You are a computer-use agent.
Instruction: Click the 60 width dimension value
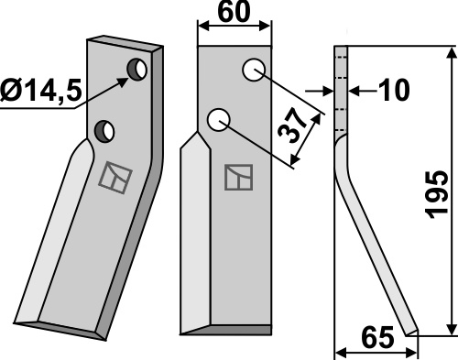click(234, 13)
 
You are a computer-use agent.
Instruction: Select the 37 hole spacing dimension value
click(291, 125)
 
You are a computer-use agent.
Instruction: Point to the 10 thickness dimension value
click(394, 91)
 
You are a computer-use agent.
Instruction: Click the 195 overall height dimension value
click(438, 195)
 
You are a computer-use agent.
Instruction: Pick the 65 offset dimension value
click(377, 338)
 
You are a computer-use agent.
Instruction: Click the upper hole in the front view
click(254, 70)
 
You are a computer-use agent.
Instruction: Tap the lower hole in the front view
click(218, 120)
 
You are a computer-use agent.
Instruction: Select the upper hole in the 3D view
click(137, 70)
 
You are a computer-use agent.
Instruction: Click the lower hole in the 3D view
click(104, 131)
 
